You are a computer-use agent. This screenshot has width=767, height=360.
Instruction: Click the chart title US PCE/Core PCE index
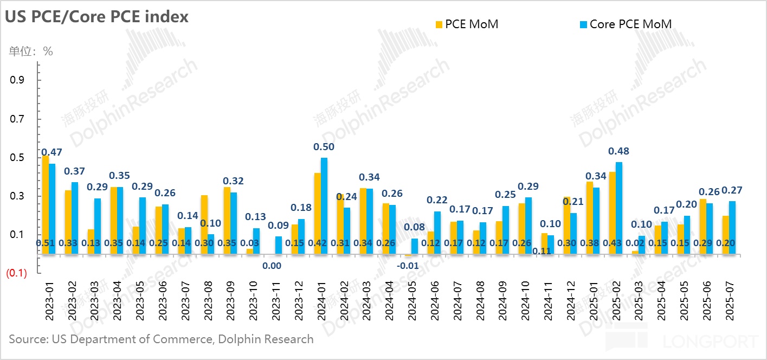[97, 17]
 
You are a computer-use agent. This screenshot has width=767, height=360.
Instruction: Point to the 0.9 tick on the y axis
[18, 80]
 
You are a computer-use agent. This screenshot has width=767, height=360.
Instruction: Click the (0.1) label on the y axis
[16, 273]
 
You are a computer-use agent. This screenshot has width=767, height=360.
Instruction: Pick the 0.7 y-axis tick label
[18, 119]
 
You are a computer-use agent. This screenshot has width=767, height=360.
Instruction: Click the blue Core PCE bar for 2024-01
[324, 206]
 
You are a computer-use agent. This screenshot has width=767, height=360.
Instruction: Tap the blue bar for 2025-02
[619, 208]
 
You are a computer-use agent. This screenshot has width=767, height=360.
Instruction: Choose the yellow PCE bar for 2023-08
[204, 224]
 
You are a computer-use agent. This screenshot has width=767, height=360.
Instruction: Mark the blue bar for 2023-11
[279, 245]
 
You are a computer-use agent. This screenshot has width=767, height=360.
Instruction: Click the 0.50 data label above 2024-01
[324, 147]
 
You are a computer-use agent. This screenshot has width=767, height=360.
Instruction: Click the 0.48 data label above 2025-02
[619, 151]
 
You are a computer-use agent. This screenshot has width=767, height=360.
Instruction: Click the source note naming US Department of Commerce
[161, 339]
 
